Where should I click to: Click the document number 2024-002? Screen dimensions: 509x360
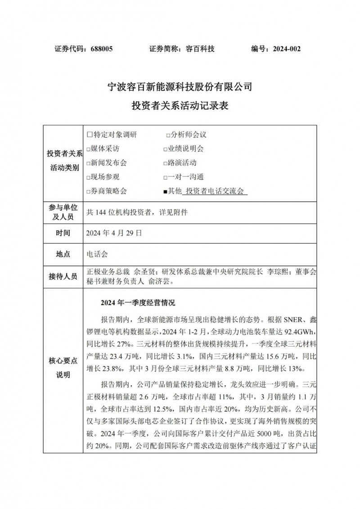pyautogui.click(x=286, y=49)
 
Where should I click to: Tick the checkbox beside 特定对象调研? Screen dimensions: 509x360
pyautogui.click(x=89, y=135)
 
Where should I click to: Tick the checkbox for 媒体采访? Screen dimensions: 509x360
pyautogui.click(x=88, y=149)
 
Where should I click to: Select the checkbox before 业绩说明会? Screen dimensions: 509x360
pyautogui.click(x=165, y=149)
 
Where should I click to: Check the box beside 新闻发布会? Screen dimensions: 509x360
pyautogui.click(x=88, y=163)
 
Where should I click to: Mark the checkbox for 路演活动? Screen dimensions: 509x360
pyautogui.click(x=165, y=163)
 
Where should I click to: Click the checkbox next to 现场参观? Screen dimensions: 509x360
pyautogui.click(x=88, y=177)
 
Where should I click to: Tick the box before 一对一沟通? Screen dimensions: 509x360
pyautogui.click(x=165, y=177)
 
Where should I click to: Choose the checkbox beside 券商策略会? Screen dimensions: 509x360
pyautogui.click(x=88, y=191)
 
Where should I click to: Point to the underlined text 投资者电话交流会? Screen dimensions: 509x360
pyautogui.click(x=215, y=191)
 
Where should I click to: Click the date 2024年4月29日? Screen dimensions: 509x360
pyautogui.click(x=114, y=233)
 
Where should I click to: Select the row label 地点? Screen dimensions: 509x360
pyautogui.click(x=63, y=254)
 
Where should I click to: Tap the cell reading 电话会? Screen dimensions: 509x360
pyautogui.click(x=97, y=254)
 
